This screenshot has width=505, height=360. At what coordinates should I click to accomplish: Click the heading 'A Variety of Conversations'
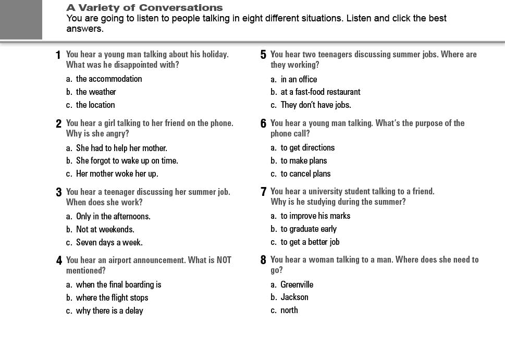coord(144,8)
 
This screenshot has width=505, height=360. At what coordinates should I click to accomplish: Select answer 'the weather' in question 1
coord(96,92)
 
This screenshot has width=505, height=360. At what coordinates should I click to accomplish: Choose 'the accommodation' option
coord(109,79)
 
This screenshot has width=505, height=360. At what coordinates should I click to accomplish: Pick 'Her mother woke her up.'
coord(117,173)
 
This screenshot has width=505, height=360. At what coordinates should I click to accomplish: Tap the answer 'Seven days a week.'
coord(109,242)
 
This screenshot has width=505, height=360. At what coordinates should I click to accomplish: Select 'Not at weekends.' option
coord(105,229)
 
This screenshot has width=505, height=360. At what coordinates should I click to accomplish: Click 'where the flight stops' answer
coord(112,297)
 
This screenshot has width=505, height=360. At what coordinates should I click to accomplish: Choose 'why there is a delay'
coord(109,311)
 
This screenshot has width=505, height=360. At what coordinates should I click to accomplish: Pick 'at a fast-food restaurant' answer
coord(320,92)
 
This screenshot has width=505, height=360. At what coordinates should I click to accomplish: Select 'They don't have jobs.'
coord(316,105)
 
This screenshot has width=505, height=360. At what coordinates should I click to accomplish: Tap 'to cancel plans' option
coord(305,173)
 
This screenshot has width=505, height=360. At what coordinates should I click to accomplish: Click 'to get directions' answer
coord(307,147)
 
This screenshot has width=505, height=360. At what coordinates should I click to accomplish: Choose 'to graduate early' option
coord(309,229)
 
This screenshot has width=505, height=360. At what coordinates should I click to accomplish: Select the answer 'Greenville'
coord(297,284)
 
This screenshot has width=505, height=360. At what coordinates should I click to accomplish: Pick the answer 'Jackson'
coord(294,297)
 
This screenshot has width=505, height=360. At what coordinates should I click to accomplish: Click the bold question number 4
coord(59,260)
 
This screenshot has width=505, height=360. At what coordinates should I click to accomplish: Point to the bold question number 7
coord(264,192)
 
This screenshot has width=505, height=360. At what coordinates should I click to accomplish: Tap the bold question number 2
coord(59,123)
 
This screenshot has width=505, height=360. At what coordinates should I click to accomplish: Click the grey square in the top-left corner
coord(21,19)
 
